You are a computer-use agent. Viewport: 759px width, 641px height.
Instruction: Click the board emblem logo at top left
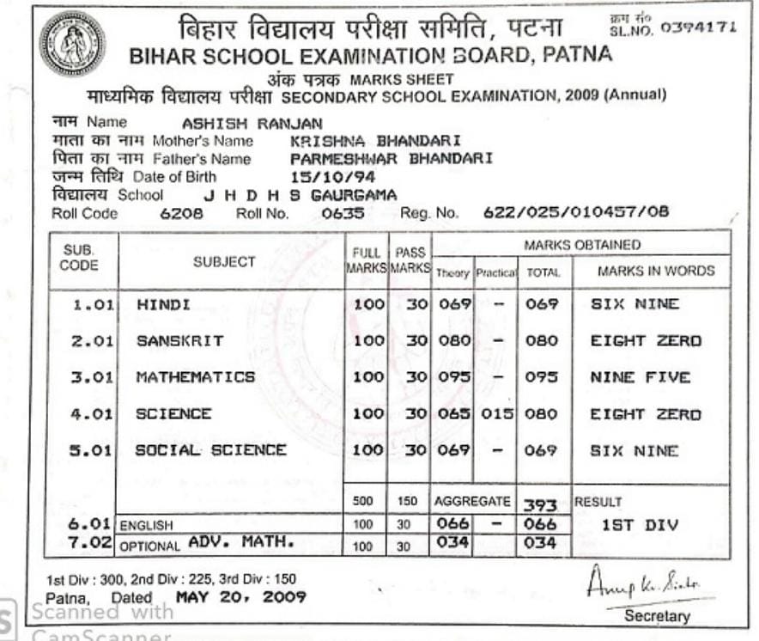click(x=72, y=43)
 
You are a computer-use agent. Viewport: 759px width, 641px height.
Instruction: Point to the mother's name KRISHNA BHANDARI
click(x=376, y=140)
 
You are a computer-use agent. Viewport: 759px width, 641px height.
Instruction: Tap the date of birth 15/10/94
click(x=321, y=177)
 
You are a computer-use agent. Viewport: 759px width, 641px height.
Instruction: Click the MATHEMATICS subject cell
click(x=195, y=377)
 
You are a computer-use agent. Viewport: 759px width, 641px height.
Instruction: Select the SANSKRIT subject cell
click(x=179, y=341)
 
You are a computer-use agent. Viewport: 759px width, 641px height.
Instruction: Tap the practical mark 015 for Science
click(x=496, y=414)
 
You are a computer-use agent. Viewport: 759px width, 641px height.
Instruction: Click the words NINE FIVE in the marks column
click(x=640, y=377)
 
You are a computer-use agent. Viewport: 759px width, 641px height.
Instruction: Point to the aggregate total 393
click(x=540, y=505)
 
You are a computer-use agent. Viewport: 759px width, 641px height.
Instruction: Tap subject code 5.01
click(x=91, y=451)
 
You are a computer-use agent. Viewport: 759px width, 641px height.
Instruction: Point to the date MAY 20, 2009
click(x=240, y=596)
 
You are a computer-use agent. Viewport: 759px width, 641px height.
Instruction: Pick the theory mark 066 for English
click(x=453, y=524)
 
